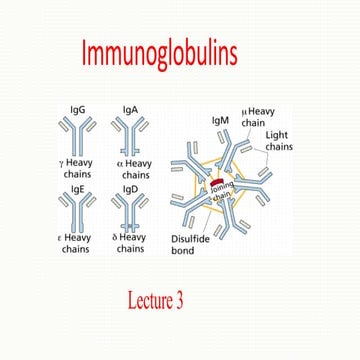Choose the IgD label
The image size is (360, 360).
pyautogui.click(x=130, y=187)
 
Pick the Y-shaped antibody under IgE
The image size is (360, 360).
pyautogui.click(x=76, y=209)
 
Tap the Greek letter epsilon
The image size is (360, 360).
pyautogui.click(x=63, y=237)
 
